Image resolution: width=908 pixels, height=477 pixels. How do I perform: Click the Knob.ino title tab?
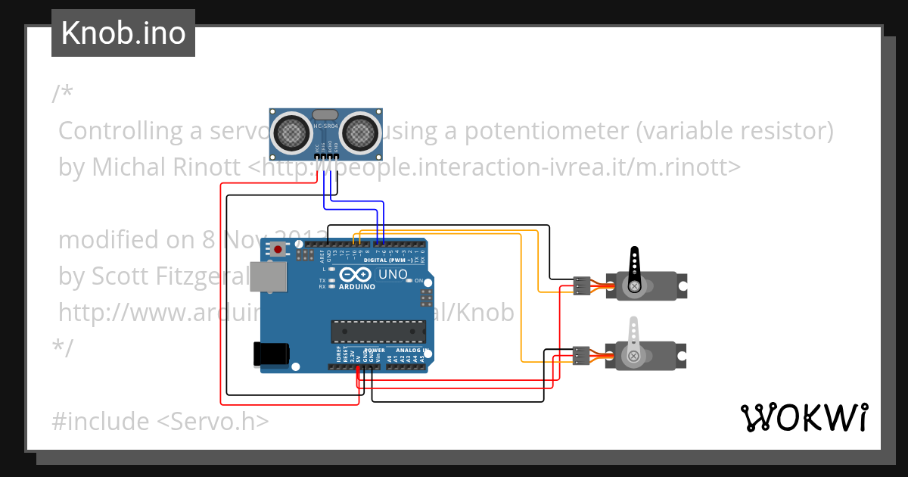coord(123,33)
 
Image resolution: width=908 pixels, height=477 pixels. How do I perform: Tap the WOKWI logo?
coord(804,417)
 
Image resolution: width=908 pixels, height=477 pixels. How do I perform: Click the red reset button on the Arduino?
coord(279,249)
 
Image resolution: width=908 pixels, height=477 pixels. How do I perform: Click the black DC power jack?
coord(272,354)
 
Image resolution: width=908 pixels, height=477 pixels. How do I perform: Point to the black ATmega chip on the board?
coord(378,330)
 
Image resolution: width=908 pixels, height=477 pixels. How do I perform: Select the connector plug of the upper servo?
coord(582,285)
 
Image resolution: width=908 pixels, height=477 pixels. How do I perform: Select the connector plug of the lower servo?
coord(582,355)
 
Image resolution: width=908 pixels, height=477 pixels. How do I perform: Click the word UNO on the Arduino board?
coord(393,274)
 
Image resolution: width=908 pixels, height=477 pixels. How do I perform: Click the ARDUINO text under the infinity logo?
coord(357,287)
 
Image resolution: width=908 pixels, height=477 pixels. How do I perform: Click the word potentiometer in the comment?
coord(546,131)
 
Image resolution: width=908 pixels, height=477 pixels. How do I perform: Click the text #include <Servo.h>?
coord(160,421)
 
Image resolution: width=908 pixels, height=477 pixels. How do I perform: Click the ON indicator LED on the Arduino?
coord(409,281)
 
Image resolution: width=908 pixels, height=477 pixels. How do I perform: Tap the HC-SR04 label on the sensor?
coord(325,126)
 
